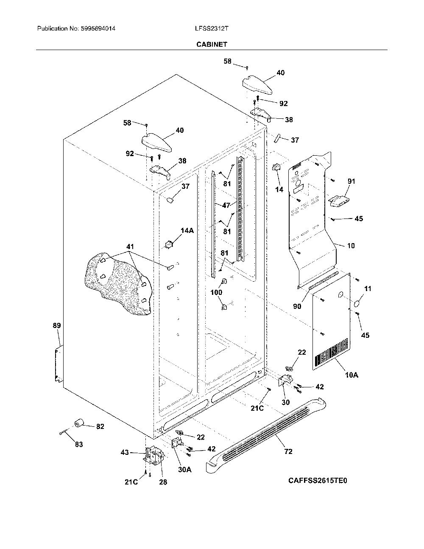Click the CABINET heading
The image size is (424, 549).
212,45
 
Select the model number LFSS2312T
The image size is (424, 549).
212,28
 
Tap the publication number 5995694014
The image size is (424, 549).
98,28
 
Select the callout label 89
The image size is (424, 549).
57,325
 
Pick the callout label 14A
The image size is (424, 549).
187,230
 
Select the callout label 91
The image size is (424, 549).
351,181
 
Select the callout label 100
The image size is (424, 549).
216,292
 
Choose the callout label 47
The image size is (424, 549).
226,205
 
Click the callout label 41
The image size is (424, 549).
130,246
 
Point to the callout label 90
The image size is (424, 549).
297,306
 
